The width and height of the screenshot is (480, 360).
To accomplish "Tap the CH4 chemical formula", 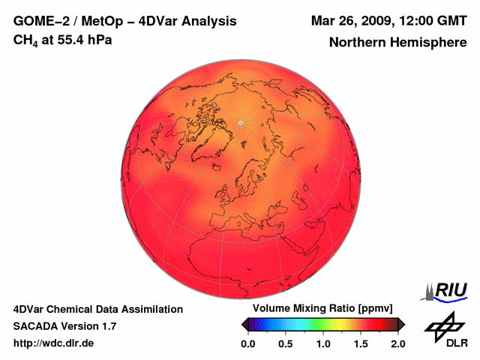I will coord(24,40).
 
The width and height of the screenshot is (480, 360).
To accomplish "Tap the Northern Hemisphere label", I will coord(397,42).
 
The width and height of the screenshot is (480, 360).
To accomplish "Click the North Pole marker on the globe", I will coord(240,122).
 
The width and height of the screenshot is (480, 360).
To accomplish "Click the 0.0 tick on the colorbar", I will coord(247,343).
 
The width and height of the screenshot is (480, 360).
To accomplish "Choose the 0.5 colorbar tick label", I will coord(285,343).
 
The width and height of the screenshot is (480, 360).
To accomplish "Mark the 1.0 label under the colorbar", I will coord(322,343).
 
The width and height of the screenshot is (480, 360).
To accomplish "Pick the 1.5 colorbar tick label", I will coord(361,343).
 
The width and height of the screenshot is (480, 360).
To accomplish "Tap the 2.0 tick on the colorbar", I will coord(397,343).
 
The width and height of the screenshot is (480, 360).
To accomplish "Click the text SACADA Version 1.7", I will coord(64,326).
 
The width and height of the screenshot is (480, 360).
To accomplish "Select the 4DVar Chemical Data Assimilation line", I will coord(97,309).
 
